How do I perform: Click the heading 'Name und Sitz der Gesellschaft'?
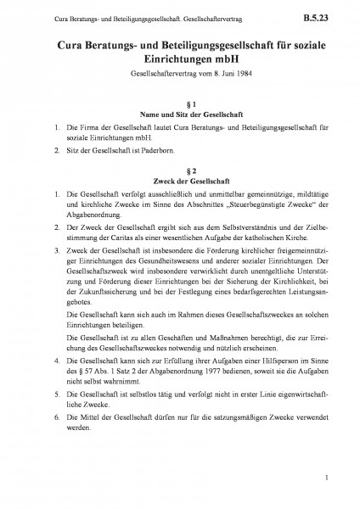point(180,115)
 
